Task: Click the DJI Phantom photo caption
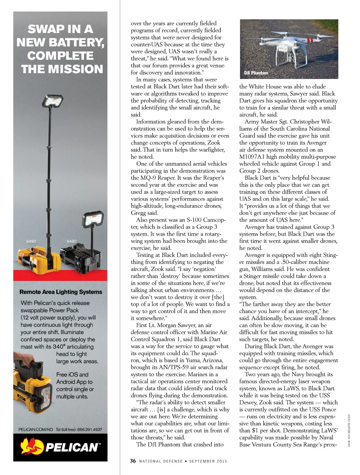pyautogui.click(x=256, y=73)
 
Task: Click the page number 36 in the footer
pyautogui.click(x=133, y=461)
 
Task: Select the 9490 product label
pyautogui.click(x=31, y=241)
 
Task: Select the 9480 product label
pyautogui.click(x=71, y=241)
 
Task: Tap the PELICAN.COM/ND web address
pyautogui.click(x=36, y=429)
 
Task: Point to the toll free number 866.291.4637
pyautogui.click(x=89, y=429)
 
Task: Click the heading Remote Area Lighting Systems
pyautogui.click(x=61, y=292)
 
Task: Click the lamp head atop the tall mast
pyautogui.click(x=53, y=101)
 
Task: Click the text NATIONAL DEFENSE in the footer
pyautogui.click(x=161, y=461)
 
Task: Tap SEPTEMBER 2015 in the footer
pyautogui.click(x=208, y=461)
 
